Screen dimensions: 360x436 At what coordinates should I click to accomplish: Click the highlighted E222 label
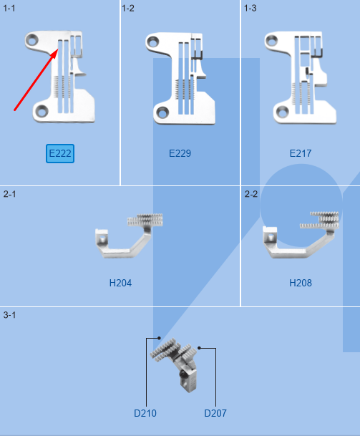pyautogui.click(x=60, y=153)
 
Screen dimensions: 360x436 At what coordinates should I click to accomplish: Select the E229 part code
pyautogui.click(x=180, y=153)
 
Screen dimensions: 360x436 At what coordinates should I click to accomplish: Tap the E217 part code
pyautogui.click(x=301, y=153)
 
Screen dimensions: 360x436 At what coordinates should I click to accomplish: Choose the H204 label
pyautogui.click(x=120, y=283)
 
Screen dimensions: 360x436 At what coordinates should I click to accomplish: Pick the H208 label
pyautogui.click(x=301, y=283)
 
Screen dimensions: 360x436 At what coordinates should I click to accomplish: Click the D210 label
pyautogui.click(x=145, y=413)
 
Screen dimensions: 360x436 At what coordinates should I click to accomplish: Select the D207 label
pyautogui.click(x=215, y=413)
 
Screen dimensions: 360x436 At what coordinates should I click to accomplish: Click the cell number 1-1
pyautogui.click(x=9, y=9)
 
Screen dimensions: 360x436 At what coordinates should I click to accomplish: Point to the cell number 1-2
pyautogui.click(x=128, y=9)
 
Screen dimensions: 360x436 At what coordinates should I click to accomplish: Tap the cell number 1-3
pyautogui.click(x=250, y=9)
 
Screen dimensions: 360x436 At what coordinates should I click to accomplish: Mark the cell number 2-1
pyautogui.click(x=9, y=194)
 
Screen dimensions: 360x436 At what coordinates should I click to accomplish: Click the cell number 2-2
pyautogui.click(x=251, y=194)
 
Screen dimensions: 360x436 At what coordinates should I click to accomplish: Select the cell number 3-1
pyautogui.click(x=9, y=315)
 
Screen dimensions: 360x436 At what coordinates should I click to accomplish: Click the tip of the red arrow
pyautogui.click(x=59, y=49)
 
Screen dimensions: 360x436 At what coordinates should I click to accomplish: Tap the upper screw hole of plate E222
pyautogui.click(x=32, y=41)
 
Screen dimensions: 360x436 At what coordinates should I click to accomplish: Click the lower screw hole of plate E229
pyautogui.click(x=162, y=112)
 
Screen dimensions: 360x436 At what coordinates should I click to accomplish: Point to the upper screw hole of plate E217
pyautogui.click(x=271, y=41)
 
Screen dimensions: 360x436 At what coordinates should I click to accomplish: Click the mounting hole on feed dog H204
pyautogui.click(x=102, y=239)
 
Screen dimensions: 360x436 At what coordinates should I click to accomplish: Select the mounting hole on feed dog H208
pyautogui.click(x=271, y=238)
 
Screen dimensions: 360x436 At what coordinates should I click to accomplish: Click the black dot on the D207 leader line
pyautogui.click(x=199, y=348)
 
